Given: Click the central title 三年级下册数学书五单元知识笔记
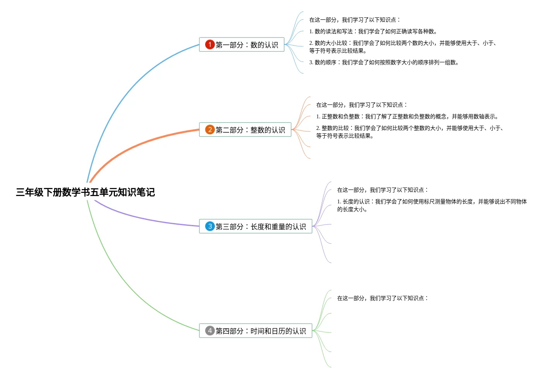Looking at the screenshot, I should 85,192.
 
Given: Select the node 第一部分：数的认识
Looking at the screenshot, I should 247,45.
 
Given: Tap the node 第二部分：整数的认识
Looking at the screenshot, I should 250,130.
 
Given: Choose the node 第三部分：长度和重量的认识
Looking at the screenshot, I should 261,227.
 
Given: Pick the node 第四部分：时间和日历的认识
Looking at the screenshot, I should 261,331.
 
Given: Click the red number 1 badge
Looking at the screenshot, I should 210,44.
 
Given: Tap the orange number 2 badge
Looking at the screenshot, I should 210,130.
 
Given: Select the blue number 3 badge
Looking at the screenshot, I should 210,226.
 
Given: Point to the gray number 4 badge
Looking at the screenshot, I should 210,331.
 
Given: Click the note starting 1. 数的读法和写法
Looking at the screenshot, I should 373,31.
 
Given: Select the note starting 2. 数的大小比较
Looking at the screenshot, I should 403,47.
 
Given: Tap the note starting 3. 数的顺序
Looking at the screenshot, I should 384,62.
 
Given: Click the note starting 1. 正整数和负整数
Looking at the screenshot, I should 407,116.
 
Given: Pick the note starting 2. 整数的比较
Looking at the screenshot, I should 409,132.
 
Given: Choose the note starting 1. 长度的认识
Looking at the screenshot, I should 432,205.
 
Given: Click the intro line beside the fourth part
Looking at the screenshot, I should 382,298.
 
